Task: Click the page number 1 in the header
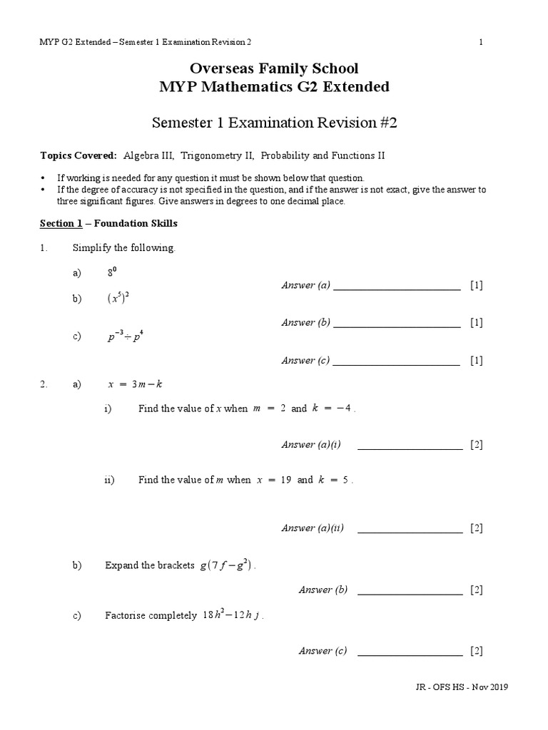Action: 481,42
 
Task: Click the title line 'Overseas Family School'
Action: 274,69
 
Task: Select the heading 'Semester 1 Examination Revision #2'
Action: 274,123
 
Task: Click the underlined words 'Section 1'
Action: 61,223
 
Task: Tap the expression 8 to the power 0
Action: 113,272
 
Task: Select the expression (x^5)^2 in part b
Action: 118,299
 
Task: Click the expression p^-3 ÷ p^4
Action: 126,337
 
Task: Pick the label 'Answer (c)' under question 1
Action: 305,361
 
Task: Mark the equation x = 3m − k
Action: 135,384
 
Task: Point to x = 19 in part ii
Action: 275,480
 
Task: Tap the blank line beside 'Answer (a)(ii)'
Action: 410,529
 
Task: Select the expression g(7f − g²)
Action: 227,565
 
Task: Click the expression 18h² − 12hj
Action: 233,615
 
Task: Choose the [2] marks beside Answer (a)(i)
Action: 477,445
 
